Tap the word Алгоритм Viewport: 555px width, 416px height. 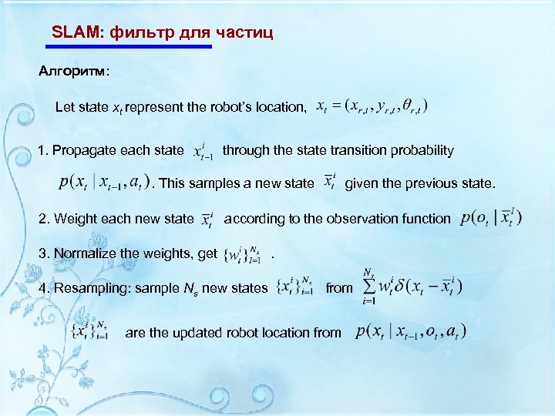73,72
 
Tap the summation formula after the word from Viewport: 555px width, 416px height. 412,287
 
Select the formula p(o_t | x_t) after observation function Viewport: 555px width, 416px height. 490,218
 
